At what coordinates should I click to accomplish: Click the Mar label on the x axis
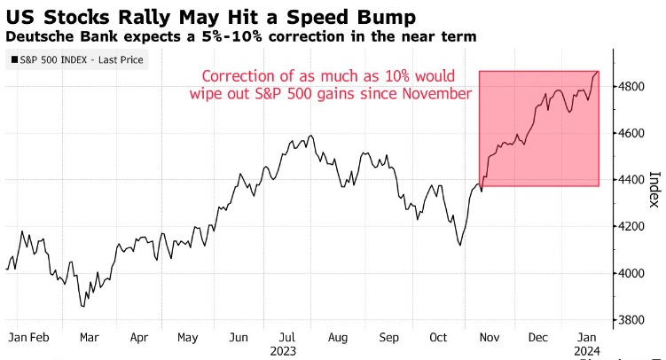(89, 338)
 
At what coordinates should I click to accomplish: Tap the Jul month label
(286, 338)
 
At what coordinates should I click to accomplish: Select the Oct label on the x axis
(438, 338)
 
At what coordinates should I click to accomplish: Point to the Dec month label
(537, 338)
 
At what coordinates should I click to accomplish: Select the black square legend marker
(15, 59)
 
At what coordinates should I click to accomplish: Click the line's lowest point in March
(84, 307)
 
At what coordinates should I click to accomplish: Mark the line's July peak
(309, 136)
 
